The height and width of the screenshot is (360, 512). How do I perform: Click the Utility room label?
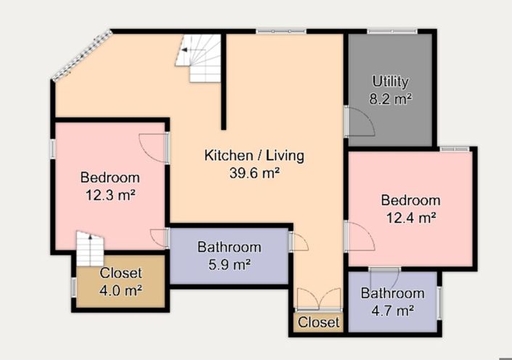tap(390, 81)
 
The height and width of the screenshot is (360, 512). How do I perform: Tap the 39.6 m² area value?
tap(254, 173)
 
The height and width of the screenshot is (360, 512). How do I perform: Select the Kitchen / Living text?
tap(254, 155)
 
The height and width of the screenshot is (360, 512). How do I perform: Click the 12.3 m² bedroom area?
tap(110, 195)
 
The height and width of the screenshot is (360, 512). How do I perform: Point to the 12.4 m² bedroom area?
tap(411, 217)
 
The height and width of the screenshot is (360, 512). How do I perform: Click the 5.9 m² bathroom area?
tap(229, 264)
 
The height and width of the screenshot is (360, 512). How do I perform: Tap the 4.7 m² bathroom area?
tap(393, 311)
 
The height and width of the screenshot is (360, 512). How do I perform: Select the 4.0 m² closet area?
tap(121, 290)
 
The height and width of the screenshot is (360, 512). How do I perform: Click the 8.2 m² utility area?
tap(390, 99)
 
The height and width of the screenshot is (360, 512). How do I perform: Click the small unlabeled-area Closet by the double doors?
tap(318, 322)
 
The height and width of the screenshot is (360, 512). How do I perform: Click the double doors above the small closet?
tap(319, 298)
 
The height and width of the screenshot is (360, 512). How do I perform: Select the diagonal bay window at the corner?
tap(82, 55)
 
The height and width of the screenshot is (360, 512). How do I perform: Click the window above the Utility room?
tap(392, 31)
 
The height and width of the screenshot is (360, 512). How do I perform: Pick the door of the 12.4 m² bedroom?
tap(360, 236)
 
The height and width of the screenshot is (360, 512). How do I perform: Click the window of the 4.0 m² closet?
tap(74, 287)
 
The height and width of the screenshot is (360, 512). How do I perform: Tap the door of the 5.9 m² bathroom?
tap(298, 241)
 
